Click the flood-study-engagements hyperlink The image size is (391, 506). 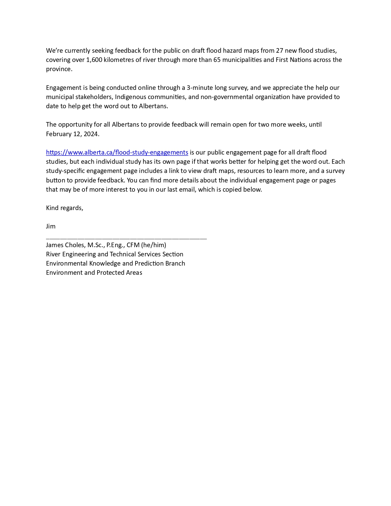coord(117,152)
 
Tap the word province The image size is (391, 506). coord(59,69)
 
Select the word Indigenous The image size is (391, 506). coord(130,97)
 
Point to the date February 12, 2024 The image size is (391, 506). coord(72,134)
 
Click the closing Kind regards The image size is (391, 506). coord(64,208)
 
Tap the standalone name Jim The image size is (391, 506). coord(51,226)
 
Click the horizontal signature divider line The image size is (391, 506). coord(126,238)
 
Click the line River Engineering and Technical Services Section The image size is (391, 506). coord(114,254)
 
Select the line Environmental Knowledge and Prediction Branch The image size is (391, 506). coord(115,263)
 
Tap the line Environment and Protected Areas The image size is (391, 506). coord(94,273)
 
